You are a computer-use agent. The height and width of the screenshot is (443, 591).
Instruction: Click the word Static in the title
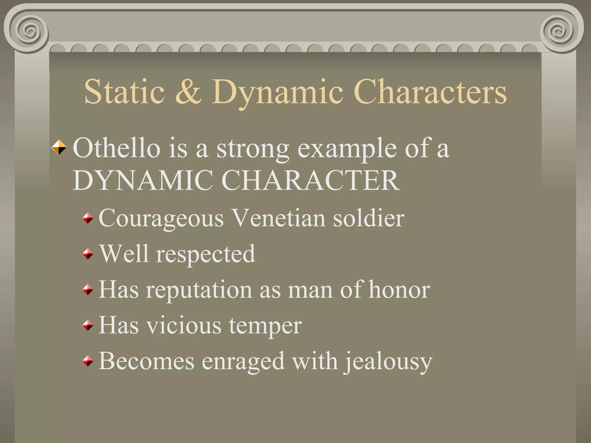coord(124,92)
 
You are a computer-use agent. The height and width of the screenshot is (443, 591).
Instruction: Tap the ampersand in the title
coord(188,92)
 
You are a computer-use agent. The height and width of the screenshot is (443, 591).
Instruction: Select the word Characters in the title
coord(430,92)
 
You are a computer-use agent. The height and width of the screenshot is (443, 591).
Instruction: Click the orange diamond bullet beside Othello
coord(59,147)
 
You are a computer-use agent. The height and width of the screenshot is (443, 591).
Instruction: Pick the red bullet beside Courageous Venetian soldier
coord(88,218)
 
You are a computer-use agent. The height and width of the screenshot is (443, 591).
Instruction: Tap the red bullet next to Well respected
coord(88,254)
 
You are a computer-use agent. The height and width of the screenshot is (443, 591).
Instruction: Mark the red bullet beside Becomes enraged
coord(88,361)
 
